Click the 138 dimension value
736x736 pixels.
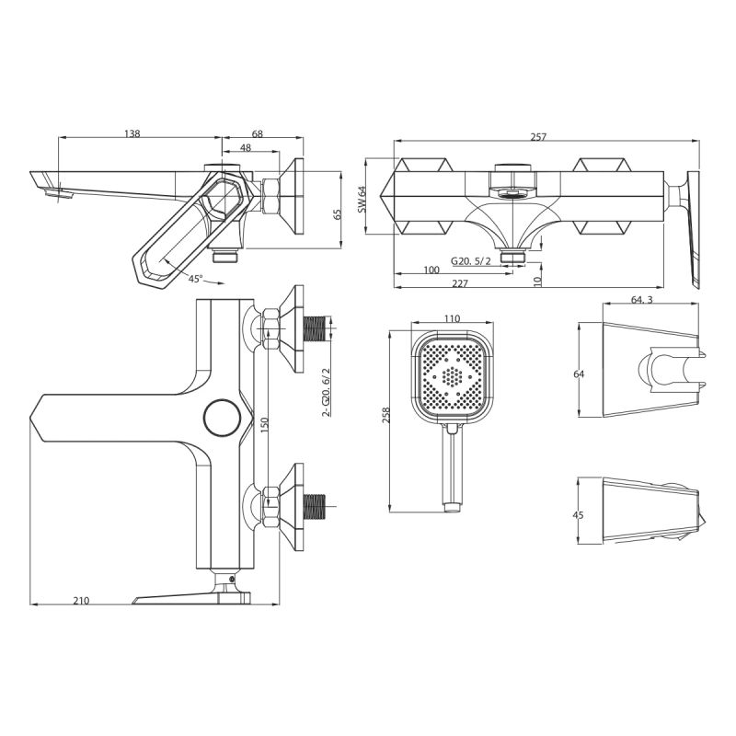132,134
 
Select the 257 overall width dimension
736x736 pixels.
539,137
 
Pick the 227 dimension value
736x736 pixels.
460,283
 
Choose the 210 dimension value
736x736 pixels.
81,601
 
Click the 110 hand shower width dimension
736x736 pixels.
452,318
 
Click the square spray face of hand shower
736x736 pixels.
451,376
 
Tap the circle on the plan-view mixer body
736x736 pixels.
222,417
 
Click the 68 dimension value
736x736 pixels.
257,134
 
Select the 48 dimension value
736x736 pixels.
246,147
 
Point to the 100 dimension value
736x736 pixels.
431,270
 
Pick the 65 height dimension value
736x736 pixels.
338,213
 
